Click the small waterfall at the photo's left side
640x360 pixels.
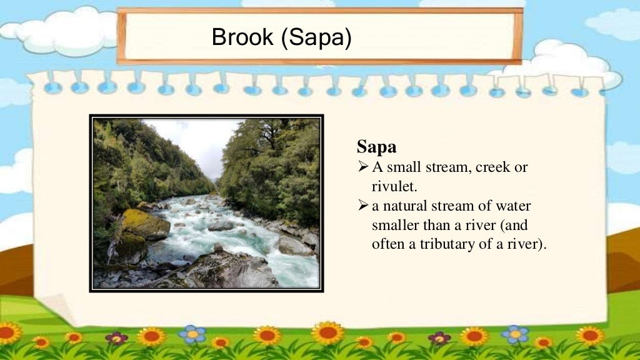coord(113,250)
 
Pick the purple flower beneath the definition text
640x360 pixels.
coord(439,338)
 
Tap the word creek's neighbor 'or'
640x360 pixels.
coord(521,167)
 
